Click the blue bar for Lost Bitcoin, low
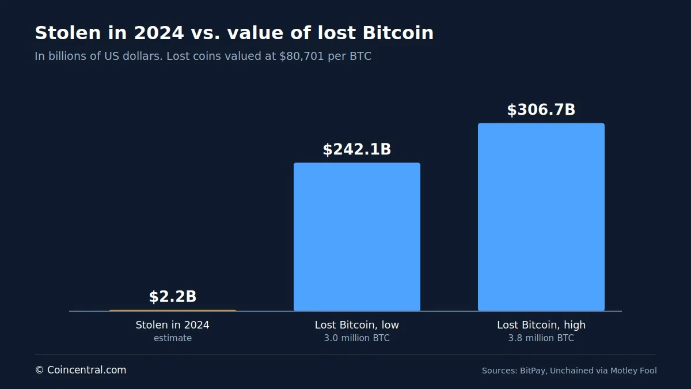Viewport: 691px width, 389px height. click(357, 236)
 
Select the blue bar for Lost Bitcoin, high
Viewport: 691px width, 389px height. click(541, 217)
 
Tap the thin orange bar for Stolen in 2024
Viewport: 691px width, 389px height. click(173, 310)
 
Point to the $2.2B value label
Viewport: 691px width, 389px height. click(173, 296)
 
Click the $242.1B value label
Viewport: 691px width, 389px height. click(357, 149)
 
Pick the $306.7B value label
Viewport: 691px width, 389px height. click(541, 110)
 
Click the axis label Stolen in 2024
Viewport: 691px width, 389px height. click(172, 325)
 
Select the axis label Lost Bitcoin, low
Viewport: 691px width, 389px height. click(357, 325)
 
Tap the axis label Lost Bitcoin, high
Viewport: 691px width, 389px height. click(541, 325)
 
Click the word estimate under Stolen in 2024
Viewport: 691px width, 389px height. click(173, 338)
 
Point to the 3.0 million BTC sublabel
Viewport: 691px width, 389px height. click(357, 338)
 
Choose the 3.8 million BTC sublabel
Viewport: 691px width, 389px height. click(541, 338)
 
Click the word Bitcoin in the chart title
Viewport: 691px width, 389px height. click(398, 33)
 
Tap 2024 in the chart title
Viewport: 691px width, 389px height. click(159, 33)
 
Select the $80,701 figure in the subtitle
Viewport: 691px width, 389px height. click(302, 56)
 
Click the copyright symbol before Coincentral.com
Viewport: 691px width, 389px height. click(39, 370)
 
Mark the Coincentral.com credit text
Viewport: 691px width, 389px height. click(87, 370)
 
